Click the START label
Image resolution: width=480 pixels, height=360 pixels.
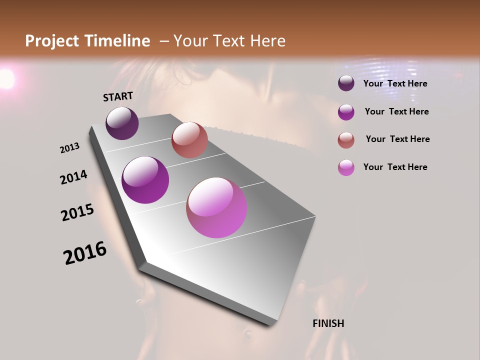pos(118,96)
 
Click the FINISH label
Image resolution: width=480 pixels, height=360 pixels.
pos(328,323)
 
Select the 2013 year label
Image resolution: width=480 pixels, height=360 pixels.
pos(69,148)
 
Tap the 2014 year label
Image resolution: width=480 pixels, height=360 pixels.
pos(73,177)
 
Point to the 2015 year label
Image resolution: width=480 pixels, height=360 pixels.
pos(77,212)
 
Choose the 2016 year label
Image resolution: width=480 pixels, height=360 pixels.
pos(85,253)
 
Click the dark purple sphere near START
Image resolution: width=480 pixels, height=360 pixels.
pos(122,123)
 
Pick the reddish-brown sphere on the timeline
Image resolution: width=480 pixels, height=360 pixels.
pos(189,140)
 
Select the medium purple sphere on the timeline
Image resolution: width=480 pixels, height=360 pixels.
pos(145,180)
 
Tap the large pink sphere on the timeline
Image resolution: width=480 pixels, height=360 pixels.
pos(216,207)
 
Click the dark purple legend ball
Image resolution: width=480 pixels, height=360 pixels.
pos(346,83)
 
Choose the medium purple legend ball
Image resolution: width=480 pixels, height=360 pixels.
pos(346,112)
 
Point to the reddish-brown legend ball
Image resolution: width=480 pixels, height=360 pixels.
pos(346,140)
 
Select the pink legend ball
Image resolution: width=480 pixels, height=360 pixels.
pos(346,167)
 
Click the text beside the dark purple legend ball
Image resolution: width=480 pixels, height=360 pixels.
pos(395,83)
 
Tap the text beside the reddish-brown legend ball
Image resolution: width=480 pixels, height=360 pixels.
pos(397,139)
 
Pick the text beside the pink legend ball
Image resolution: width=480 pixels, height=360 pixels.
pos(395,167)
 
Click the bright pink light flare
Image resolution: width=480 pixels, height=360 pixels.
pos(6,79)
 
